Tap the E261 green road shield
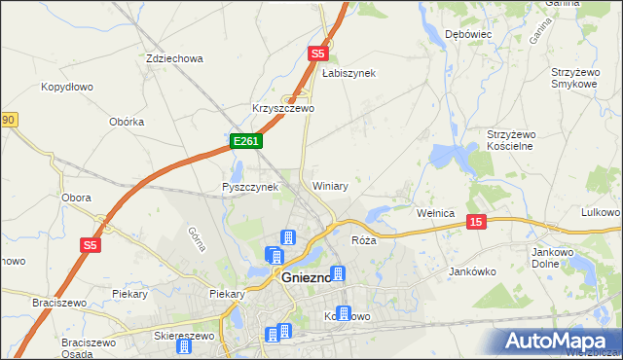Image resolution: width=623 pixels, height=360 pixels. [x=245, y=142]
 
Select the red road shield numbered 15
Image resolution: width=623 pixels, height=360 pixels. [x=475, y=222]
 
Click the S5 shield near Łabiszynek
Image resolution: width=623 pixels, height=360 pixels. [x=316, y=54]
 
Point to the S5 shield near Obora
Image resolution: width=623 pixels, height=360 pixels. [x=91, y=246]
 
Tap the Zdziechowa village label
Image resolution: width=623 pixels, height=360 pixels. [x=173, y=58]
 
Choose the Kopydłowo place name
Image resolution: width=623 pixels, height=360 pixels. [x=66, y=87]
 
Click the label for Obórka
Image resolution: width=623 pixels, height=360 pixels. [x=128, y=122]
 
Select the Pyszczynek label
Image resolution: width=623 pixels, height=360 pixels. [x=250, y=187]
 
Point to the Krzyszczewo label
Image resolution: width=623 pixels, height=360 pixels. [x=282, y=108]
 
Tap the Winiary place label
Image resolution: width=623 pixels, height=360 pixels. [x=330, y=185]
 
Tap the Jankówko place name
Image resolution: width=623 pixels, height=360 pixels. [x=473, y=272]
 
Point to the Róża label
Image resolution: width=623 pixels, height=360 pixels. [x=363, y=239]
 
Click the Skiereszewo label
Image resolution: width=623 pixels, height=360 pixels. [x=184, y=335]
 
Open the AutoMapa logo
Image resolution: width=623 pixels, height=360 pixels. [x=556, y=341]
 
